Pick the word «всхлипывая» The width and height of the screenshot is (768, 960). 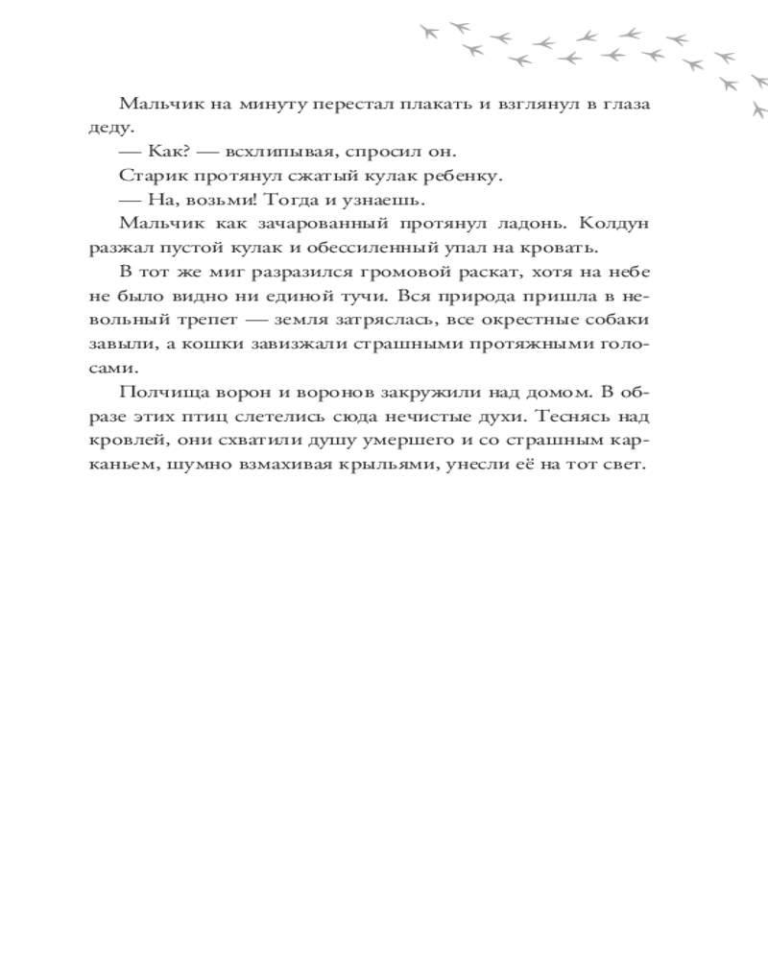(x=271, y=152)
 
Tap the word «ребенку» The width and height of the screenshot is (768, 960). (x=464, y=176)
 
